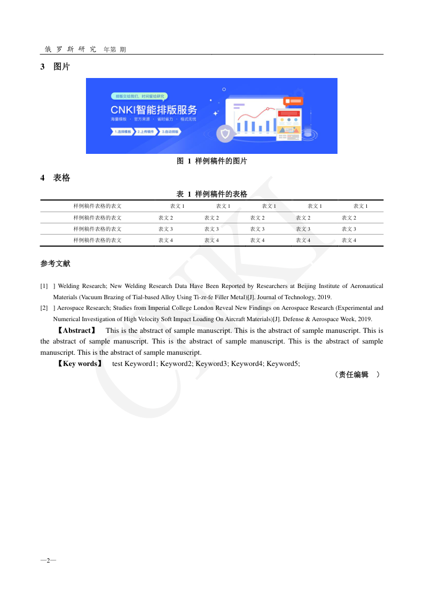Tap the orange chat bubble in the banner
293,100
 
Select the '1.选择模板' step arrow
122,131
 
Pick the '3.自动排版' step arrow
170,131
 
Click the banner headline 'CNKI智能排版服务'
153,110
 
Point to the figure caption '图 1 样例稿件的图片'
212,161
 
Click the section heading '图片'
61,67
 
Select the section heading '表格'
61,178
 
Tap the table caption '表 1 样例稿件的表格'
212,194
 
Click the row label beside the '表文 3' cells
98,229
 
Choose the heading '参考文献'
55,263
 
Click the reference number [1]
44,286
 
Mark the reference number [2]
44,308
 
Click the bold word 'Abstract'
77,331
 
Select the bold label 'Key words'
80,363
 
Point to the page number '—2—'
48,560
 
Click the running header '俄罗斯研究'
70,49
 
